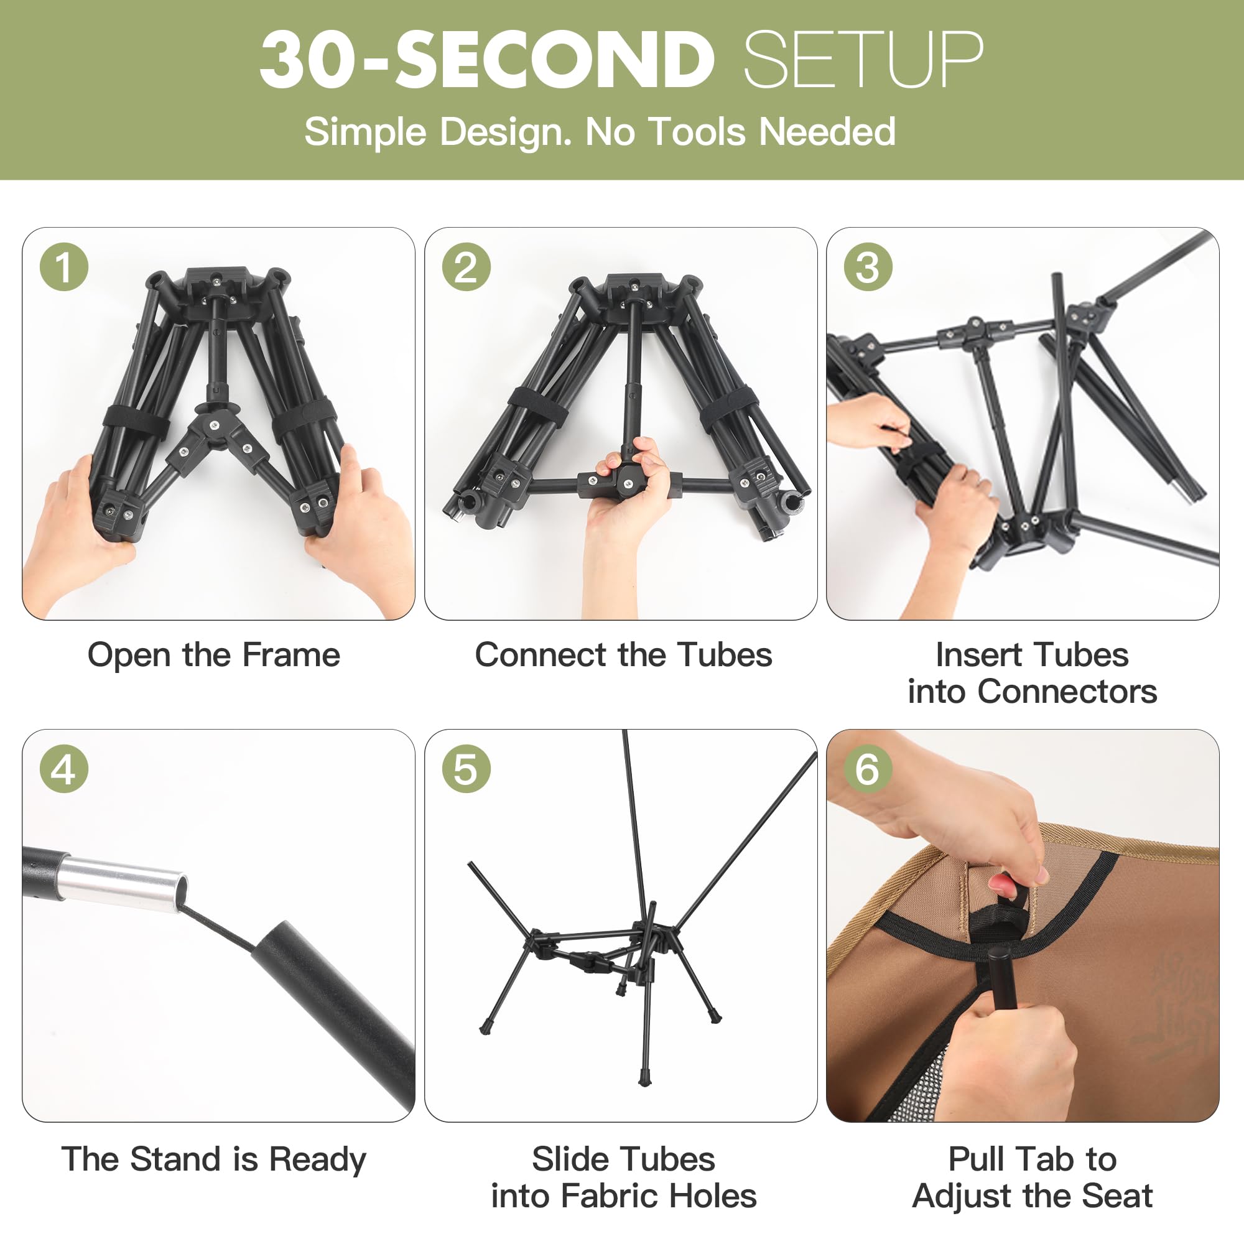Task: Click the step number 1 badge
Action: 63,267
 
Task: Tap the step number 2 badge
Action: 466,267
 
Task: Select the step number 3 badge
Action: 868,267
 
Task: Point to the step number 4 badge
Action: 63,769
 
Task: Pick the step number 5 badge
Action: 466,769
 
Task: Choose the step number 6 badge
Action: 868,769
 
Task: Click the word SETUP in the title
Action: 863,59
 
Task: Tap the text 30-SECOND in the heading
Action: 487,59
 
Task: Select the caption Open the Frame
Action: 214,655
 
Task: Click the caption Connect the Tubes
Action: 623,655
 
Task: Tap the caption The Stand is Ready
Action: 214,1159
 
